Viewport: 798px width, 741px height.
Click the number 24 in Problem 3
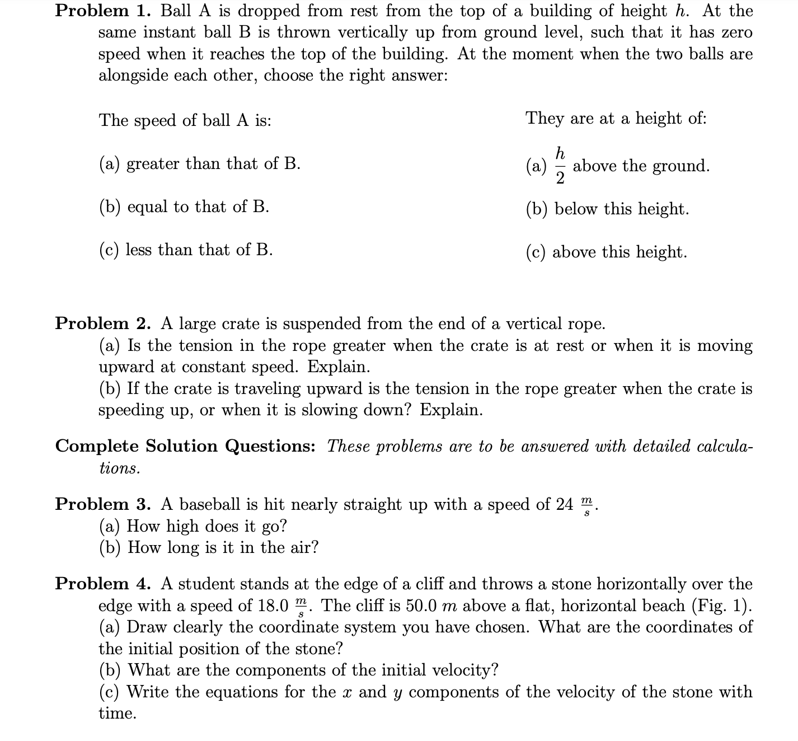[565, 504]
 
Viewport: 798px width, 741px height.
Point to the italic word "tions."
[119, 468]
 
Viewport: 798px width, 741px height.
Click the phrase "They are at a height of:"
[616, 118]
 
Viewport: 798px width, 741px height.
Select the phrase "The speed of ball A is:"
[185, 120]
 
